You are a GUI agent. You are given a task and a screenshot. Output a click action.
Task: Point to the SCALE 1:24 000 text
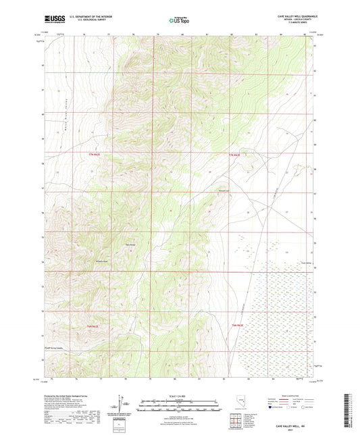(x=179, y=396)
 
